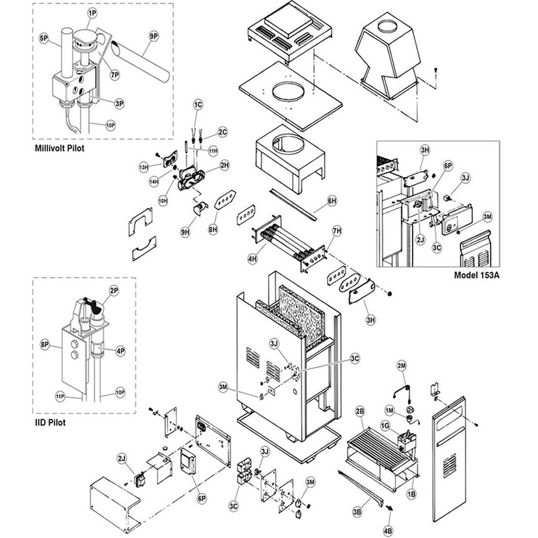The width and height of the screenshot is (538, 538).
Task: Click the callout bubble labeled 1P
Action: point(92,13)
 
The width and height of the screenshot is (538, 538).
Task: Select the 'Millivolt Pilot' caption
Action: point(60,148)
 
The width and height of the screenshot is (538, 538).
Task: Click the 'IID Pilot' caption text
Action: point(50,423)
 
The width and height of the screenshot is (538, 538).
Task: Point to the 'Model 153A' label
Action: point(476,275)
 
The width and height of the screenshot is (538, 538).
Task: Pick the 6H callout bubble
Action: point(332,201)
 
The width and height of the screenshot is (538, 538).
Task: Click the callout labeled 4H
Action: point(253,259)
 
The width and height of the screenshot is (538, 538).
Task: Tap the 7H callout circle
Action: point(337,231)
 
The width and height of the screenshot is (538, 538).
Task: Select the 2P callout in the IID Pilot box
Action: point(114,291)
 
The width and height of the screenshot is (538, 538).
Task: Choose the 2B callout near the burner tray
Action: point(360,411)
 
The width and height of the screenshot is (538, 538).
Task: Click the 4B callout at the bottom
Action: point(388,531)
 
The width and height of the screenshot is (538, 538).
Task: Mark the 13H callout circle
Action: point(144,167)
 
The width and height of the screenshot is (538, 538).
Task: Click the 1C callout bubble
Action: point(198,105)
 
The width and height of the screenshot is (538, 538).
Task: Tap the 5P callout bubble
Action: point(44,39)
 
